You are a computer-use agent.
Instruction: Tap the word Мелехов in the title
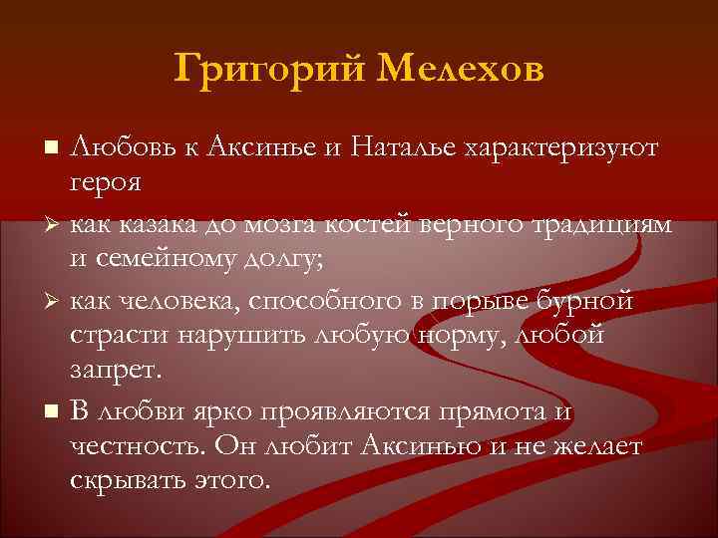coord(462,71)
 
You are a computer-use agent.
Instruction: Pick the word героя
coord(105,183)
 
